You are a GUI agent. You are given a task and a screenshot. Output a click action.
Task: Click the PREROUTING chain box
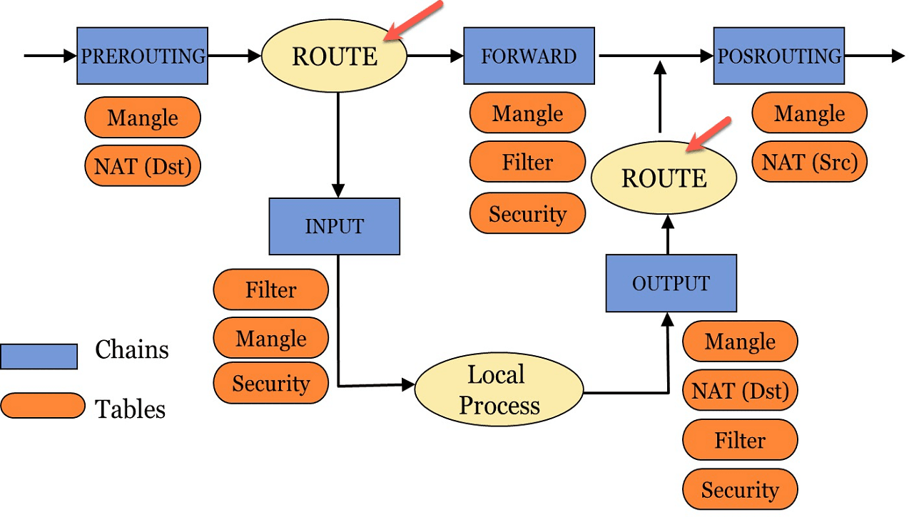[143, 56]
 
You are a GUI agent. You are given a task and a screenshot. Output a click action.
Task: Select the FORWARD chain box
[529, 56]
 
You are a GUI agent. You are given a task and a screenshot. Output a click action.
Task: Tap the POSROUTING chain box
[778, 56]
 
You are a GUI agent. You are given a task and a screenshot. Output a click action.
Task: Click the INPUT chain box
[335, 226]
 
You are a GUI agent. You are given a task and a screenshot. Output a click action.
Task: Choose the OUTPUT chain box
[671, 283]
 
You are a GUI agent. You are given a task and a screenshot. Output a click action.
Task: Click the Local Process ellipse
[499, 389]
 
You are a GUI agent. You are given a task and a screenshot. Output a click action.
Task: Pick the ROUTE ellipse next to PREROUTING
[334, 56]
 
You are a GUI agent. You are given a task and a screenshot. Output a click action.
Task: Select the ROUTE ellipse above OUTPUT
[664, 178]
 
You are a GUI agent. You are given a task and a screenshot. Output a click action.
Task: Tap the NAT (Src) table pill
[809, 162]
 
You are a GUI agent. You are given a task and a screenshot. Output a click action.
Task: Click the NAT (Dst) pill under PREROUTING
[143, 166]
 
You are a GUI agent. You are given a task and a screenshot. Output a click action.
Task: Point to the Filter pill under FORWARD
[527, 162]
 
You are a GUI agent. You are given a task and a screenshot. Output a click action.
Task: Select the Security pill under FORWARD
[527, 213]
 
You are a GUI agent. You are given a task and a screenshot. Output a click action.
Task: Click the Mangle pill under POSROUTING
[809, 113]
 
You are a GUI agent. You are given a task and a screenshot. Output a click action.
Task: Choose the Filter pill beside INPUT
[271, 290]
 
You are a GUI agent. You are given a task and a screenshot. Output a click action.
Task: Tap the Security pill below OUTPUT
[740, 489]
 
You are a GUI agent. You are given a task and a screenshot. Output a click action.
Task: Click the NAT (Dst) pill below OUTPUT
[740, 390]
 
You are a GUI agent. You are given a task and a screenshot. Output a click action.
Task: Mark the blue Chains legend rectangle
[39, 357]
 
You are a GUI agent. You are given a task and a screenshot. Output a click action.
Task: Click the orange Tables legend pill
[43, 406]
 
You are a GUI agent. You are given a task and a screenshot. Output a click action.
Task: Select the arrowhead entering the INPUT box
[338, 190]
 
